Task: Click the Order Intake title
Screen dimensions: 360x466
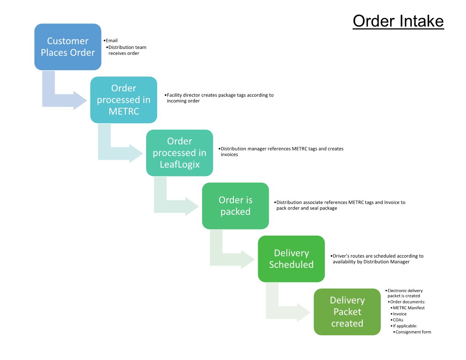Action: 398,21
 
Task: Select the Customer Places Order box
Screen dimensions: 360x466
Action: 68,47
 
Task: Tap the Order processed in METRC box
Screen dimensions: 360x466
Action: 124,100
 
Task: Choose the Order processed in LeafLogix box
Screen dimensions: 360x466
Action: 180,153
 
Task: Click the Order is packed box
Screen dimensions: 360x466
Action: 235,206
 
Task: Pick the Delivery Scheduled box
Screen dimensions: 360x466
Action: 291,259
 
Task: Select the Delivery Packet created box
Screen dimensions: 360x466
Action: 347,311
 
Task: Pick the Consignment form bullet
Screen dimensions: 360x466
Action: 413,332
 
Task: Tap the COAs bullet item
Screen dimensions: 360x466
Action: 398,320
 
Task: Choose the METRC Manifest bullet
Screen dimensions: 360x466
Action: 408,308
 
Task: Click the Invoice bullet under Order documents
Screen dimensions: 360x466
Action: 399,314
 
